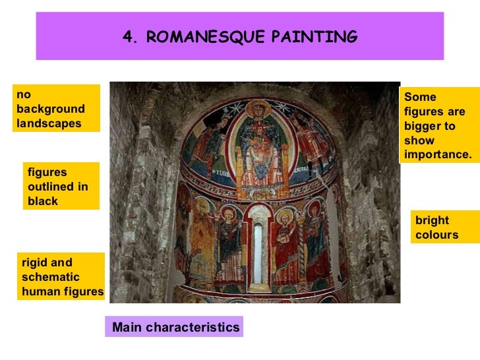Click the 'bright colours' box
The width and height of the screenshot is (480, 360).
[436, 227]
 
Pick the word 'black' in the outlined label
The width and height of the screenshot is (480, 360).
[43, 201]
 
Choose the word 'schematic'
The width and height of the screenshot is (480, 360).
[50, 277]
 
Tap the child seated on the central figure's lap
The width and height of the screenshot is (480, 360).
[257, 138]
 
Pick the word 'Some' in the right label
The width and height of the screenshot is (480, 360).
[420, 97]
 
